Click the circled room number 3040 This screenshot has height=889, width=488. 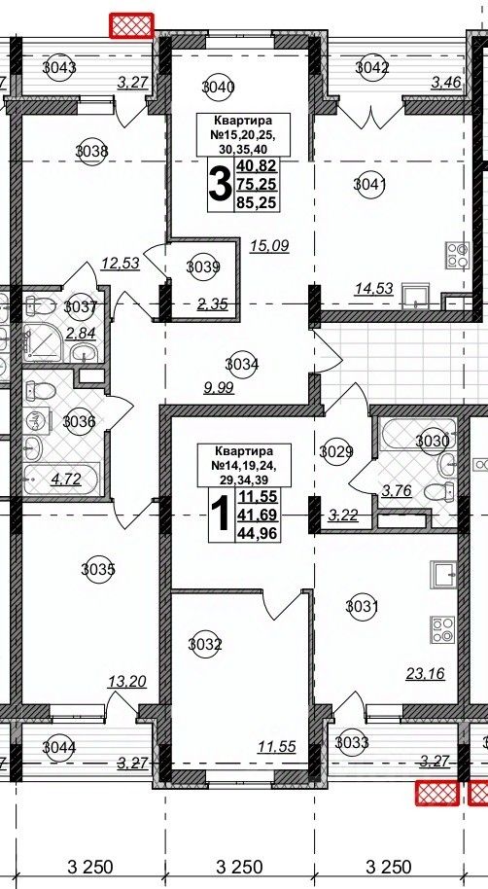pos(218,87)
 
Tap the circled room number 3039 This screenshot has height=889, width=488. pos(203,266)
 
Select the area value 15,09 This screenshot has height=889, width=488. pos(270,246)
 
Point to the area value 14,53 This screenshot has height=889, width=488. pos(372,289)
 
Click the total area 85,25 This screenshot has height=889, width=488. pos(258,202)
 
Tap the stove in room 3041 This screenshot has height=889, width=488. pos(458,254)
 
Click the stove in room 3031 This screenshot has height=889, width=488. pos(442,629)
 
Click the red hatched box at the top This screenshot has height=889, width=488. pos(132,25)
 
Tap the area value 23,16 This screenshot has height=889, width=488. pos(425,673)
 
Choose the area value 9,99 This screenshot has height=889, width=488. pos(219,388)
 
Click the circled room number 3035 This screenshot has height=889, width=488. pos(98,569)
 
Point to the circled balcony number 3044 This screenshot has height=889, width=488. pos(59,747)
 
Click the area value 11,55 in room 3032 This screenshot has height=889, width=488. pos(277,747)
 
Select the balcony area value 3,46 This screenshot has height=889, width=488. pos(446,84)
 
